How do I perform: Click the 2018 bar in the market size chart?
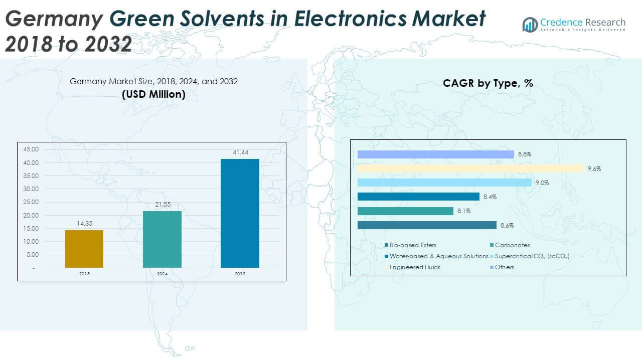(84, 249)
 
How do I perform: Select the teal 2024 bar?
(162, 239)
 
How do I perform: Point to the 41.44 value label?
(240, 152)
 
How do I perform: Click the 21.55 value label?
(162, 205)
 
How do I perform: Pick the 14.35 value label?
(84, 224)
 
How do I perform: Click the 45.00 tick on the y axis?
(31, 149)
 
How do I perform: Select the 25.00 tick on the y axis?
(31, 202)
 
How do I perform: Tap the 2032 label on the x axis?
(240, 274)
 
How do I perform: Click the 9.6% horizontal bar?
(470, 168)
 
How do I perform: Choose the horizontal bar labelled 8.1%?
(405, 211)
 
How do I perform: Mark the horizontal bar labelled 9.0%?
(444, 183)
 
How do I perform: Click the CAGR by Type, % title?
(488, 84)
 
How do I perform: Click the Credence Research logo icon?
(530, 24)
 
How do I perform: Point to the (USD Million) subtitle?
(153, 94)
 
